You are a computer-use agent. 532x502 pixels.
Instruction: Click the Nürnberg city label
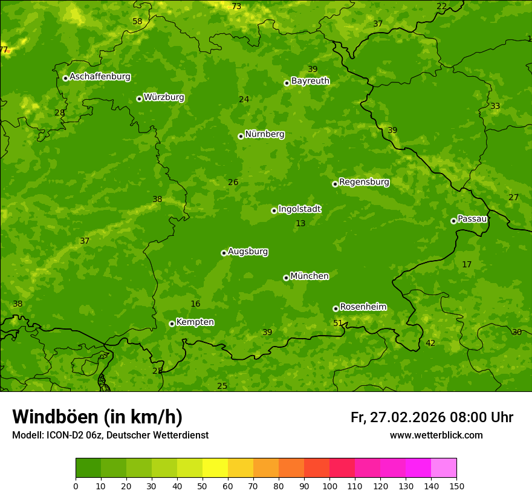(264, 134)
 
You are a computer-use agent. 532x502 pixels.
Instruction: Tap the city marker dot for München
(286, 278)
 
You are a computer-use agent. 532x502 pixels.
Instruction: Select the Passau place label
(472, 219)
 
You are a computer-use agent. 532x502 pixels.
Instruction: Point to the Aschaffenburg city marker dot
(65, 78)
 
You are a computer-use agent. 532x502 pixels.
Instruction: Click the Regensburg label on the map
(364, 182)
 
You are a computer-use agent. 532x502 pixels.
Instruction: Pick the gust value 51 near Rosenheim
(338, 323)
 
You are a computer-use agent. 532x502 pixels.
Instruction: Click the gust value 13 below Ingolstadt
(300, 223)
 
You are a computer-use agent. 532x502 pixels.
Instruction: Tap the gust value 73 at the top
(236, 6)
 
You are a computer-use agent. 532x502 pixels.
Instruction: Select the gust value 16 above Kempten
(195, 304)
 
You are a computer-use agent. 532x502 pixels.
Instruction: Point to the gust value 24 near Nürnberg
(244, 99)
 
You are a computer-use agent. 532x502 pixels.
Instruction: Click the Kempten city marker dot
(172, 324)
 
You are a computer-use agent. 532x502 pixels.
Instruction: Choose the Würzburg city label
(164, 97)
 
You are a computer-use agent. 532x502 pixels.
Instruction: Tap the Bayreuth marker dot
(287, 83)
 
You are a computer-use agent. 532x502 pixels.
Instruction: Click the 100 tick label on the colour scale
(329, 486)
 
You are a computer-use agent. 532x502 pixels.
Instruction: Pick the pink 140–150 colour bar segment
(444, 468)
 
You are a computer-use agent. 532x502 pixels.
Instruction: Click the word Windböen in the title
(55, 417)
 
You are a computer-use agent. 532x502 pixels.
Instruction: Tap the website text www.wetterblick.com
(436, 435)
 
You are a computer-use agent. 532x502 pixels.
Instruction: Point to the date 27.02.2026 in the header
(407, 417)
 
